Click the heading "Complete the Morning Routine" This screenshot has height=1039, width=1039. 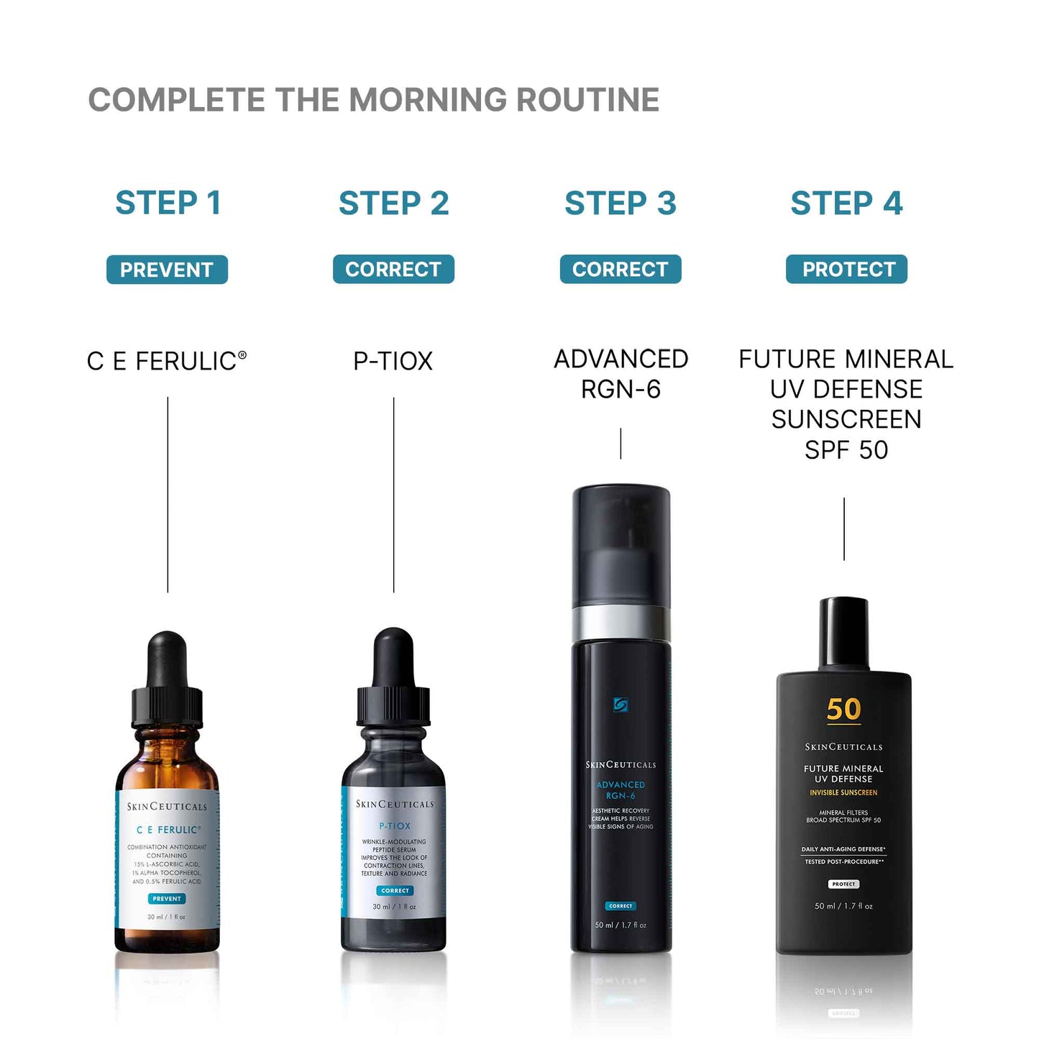(373, 100)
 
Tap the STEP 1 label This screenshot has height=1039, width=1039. (168, 203)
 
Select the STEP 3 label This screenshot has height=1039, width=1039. (620, 203)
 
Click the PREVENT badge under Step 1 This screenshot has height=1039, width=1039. (167, 270)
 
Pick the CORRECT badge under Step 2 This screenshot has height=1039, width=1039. (393, 269)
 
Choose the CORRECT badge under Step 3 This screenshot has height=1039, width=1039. (620, 269)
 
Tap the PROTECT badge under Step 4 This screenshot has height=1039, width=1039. (846, 269)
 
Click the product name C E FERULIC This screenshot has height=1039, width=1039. (166, 361)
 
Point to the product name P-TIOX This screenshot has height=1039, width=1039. (393, 361)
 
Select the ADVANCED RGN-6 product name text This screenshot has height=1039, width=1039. (621, 374)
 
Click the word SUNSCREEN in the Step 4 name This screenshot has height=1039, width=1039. (846, 419)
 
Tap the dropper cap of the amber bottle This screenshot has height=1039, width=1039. (167, 683)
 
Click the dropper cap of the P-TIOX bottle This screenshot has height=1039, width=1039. (393, 679)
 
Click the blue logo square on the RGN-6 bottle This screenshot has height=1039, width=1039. (621, 705)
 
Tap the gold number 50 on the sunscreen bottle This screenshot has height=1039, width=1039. (843, 710)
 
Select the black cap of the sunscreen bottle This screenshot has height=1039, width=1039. (843, 633)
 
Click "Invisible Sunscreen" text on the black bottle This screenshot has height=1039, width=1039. (843, 792)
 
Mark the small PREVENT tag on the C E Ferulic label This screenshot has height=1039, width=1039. (167, 898)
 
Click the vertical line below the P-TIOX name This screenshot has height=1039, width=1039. (393, 496)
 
